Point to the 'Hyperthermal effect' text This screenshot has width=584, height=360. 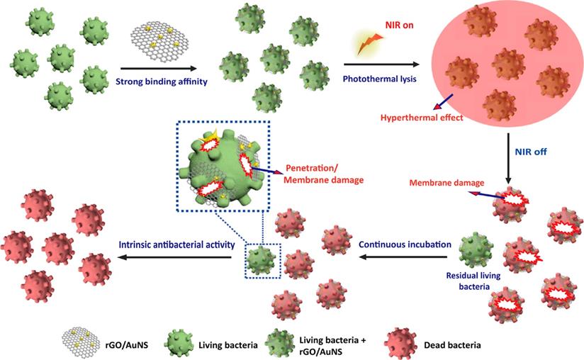coord(421,118)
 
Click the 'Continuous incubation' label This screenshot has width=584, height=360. coord(405,244)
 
